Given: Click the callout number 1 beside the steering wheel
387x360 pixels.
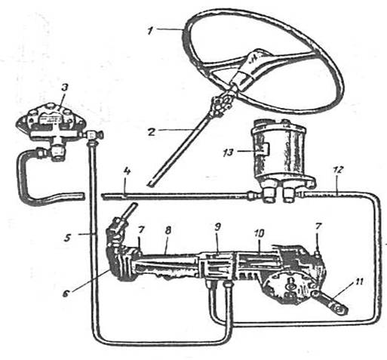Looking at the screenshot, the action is (x=150, y=32).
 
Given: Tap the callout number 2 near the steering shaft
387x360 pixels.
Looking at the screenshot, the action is (x=152, y=131).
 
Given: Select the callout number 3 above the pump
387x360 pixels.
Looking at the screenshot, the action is (x=65, y=89).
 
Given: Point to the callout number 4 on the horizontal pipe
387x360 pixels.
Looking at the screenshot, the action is (x=127, y=173).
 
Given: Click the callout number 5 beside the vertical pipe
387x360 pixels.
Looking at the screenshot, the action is (x=67, y=237).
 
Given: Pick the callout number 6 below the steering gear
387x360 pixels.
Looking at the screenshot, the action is (x=66, y=294).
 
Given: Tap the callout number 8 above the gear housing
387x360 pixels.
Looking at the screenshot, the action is (x=168, y=230).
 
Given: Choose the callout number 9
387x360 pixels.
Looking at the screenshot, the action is (x=217, y=227).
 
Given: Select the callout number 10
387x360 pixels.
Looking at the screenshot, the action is (x=260, y=233).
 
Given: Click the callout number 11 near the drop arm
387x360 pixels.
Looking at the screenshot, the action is (x=358, y=282).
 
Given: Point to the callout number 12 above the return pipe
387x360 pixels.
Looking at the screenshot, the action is (x=338, y=171).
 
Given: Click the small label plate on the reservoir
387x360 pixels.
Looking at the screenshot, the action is (x=264, y=149).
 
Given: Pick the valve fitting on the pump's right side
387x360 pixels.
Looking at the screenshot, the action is (x=94, y=135).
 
